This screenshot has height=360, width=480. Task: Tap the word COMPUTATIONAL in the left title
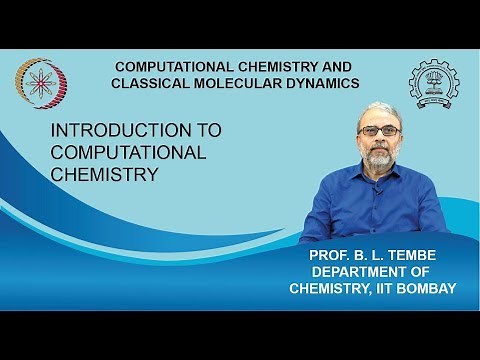(129, 152)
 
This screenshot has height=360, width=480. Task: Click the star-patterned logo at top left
(36, 78)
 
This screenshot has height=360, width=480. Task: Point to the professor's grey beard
(377, 158)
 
